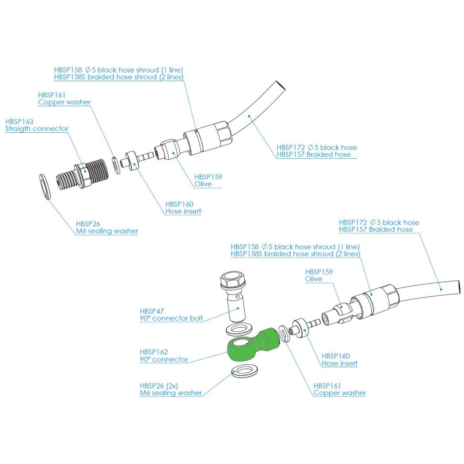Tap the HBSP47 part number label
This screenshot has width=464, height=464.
[152, 311]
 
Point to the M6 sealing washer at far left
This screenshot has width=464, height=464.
[46, 186]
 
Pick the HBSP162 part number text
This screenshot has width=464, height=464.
[154, 351]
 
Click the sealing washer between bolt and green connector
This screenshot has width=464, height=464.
[237, 329]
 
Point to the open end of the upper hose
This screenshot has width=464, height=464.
[280, 88]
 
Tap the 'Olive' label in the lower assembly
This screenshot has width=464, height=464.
[313, 279]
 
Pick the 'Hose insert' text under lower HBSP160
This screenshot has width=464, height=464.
[339, 364]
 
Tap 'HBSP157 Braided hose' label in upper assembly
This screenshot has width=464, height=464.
[314, 155]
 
